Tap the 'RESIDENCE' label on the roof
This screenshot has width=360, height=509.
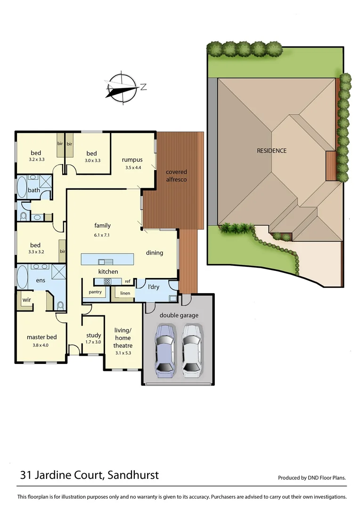(x=271, y=151)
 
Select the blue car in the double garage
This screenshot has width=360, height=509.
(x=165, y=350)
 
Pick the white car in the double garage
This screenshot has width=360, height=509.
(x=192, y=350)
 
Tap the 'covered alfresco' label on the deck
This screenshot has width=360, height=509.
(x=176, y=176)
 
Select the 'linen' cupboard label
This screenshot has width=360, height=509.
(x=125, y=293)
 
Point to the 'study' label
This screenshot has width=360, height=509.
(x=93, y=335)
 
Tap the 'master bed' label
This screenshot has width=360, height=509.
(x=41, y=337)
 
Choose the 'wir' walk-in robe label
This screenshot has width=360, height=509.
(x=26, y=299)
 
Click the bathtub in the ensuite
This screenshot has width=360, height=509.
(x=23, y=278)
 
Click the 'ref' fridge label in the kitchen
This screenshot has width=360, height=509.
(x=127, y=281)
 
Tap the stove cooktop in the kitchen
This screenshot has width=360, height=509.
(x=107, y=282)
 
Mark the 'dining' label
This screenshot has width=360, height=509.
(x=154, y=253)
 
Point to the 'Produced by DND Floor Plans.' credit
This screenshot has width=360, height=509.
(x=312, y=477)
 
